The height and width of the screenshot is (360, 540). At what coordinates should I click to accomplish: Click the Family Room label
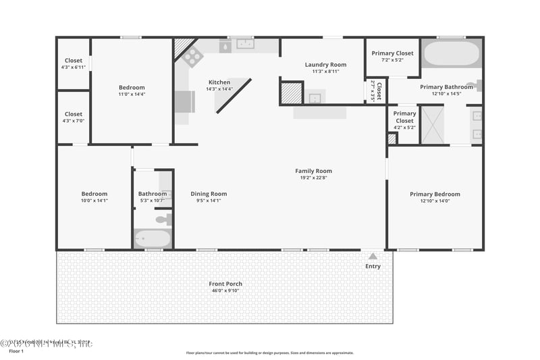(313, 171)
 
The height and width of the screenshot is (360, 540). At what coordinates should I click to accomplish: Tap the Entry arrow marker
(373, 255)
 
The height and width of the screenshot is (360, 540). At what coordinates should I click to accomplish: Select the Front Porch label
(225, 284)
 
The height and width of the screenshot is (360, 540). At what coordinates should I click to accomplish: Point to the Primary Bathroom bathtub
(450, 53)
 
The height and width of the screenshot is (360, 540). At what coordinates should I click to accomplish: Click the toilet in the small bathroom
(162, 220)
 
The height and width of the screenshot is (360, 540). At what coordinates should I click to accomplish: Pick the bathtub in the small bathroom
(153, 238)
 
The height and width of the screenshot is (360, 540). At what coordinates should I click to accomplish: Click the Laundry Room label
(325, 65)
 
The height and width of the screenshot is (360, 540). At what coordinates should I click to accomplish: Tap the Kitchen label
(219, 82)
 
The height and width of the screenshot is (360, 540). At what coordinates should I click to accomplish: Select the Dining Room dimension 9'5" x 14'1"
(209, 200)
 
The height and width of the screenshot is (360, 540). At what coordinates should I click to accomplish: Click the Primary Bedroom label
(435, 195)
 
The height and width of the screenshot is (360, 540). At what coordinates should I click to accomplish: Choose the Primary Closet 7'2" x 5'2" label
(392, 53)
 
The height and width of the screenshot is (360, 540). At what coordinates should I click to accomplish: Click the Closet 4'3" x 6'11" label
(73, 61)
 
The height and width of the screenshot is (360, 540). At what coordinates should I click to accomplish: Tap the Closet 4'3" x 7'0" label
(73, 114)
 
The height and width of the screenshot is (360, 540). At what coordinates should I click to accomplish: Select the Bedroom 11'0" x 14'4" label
(132, 88)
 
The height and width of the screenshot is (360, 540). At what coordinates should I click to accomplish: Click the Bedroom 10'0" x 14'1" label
(94, 195)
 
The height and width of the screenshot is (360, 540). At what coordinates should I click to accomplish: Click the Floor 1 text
(16, 351)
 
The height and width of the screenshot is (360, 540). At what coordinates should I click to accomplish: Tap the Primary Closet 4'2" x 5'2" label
(404, 113)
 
